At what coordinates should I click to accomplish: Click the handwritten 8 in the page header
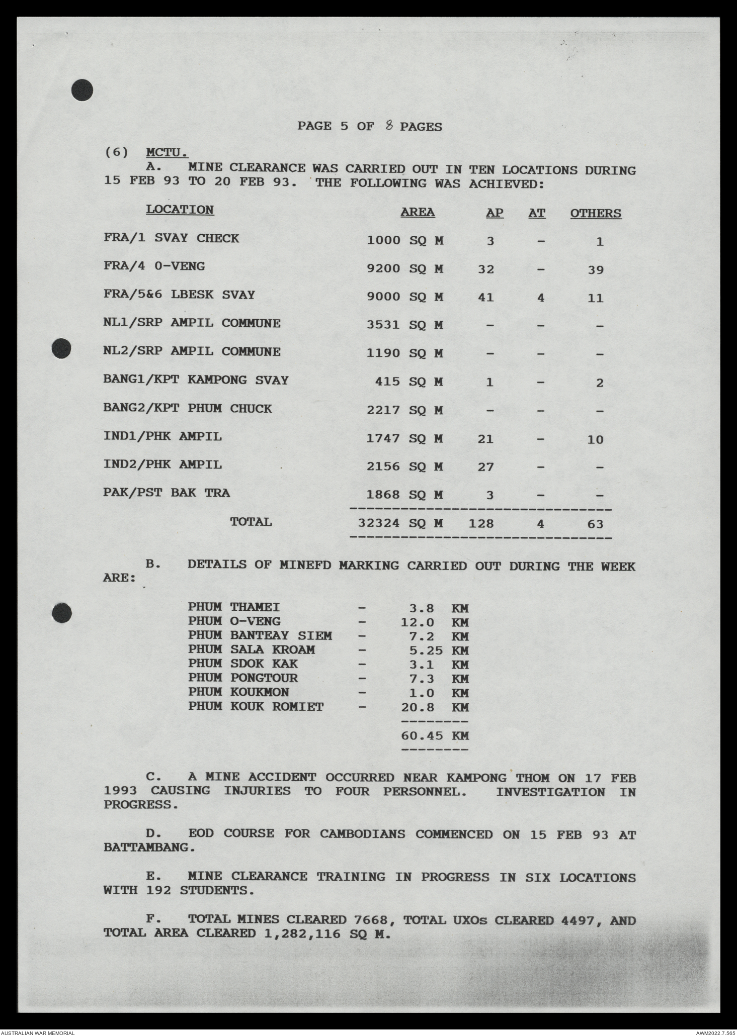(389, 126)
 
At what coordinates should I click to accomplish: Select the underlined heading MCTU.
(167, 152)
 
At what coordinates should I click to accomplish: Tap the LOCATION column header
(180, 210)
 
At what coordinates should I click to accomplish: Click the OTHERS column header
(595, 214)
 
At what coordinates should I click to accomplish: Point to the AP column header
(494, 213)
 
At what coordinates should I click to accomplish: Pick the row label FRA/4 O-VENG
(154, 266)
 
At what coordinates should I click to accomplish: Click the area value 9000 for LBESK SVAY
(383, 297)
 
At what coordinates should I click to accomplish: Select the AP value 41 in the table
(485, 298)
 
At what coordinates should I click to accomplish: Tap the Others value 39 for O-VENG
(595, 270)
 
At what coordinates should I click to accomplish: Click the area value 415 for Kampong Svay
(387, 382)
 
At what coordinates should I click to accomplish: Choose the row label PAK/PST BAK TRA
(167, 493)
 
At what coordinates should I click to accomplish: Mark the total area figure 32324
(379, 523)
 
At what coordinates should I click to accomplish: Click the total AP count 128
(481, 524)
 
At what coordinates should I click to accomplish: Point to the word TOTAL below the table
(251, 522)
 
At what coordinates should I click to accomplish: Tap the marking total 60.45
(422, 736)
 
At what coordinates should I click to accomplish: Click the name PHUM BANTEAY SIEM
(260, 636)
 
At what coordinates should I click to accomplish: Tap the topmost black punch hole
(82, 90)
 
